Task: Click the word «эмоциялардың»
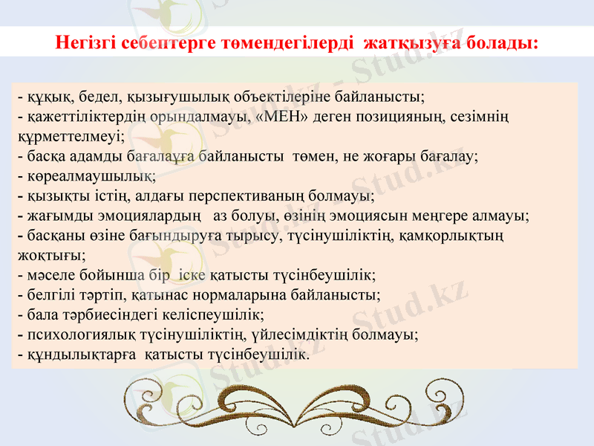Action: (x=155, y=217)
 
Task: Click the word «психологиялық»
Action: (x=77, y=335)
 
